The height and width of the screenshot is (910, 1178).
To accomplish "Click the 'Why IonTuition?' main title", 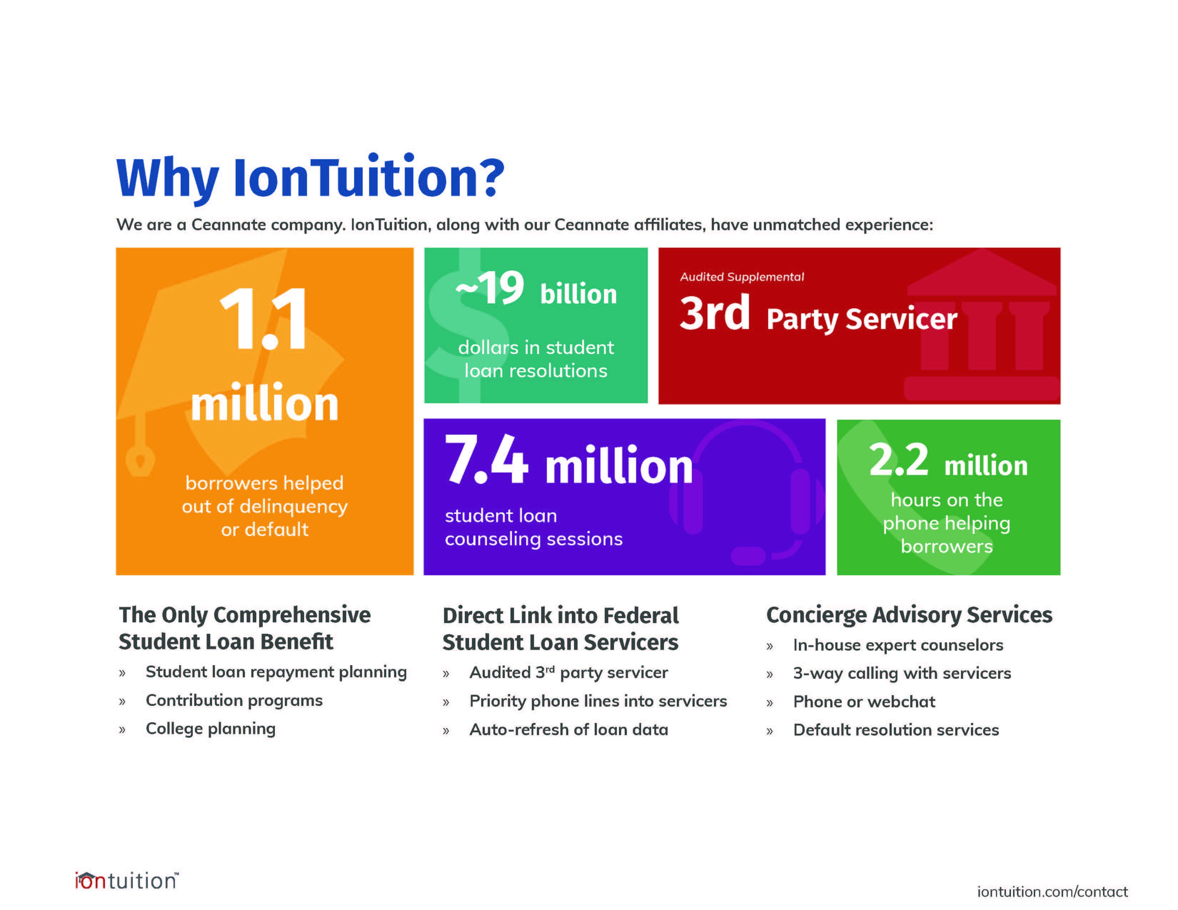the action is [310, 178].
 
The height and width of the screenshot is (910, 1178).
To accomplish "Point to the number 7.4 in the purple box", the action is [486, 459].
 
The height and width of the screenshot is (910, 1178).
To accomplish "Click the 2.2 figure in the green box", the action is [899, 460].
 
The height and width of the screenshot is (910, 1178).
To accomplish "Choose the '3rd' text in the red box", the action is [715, 313].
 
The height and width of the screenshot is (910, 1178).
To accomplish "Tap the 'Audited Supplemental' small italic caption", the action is [742, 277].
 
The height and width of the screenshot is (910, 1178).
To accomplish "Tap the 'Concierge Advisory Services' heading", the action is [909, 615].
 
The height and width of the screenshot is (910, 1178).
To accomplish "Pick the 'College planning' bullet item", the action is [210, 729].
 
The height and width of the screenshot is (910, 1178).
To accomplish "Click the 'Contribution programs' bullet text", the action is [234, 700].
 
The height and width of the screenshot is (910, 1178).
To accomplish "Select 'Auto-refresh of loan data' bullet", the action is [569, 729].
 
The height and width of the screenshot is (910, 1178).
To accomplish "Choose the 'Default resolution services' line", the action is [896, 730].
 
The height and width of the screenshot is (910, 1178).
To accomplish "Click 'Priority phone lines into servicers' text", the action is [598, 701].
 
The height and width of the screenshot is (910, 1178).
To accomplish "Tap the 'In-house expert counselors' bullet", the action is [898, 645].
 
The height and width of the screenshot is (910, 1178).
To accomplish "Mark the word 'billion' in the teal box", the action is [578, 294].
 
